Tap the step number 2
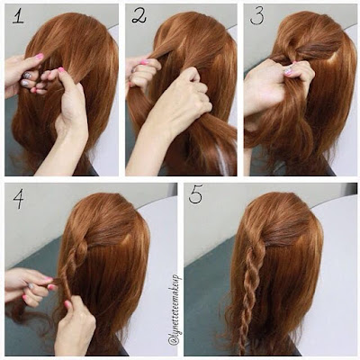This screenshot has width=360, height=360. (139, 17)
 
